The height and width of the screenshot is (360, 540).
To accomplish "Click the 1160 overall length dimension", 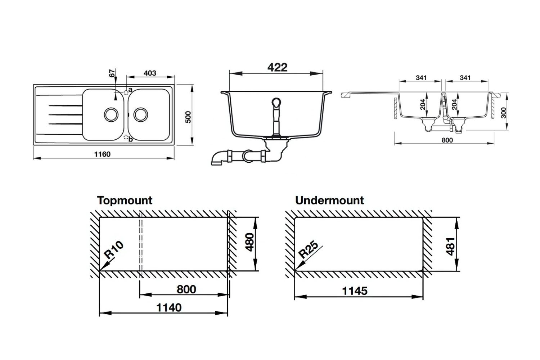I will click(x=102, y=154).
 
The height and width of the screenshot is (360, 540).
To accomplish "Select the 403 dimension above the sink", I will click(x=150, y=73).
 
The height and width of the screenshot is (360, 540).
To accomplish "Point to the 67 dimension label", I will click(x=112, y=73).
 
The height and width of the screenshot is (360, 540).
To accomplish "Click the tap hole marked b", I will click(x=126, y=138).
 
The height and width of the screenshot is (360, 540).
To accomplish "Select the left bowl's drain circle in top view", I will click(x=110, y=114).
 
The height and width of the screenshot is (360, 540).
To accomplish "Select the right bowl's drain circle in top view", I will click(x=140, y=114).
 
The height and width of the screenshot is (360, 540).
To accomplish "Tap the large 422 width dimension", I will click(x=277, y=67).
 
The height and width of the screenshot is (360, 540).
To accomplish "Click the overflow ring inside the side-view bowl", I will click(x=276, y=103).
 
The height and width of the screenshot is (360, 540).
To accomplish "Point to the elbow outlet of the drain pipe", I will click(x=217, y=159).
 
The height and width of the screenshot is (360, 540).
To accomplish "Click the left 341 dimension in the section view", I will click(x=421, y=78).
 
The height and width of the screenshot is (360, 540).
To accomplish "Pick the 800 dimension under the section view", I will click(x=447, y=140).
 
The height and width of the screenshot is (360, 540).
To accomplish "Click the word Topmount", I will click(x=125, y=200).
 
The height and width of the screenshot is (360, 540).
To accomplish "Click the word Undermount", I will click(x=329, y=200).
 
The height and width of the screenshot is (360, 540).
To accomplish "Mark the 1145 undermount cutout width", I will click(x=355, y=291).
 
